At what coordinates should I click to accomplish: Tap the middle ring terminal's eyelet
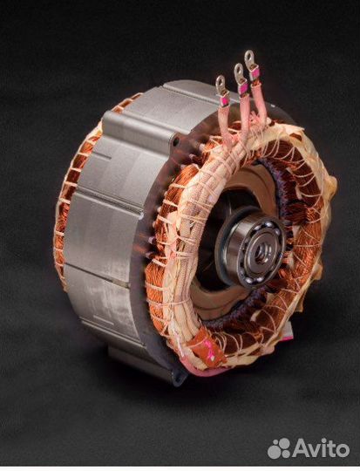(x=239, y=71)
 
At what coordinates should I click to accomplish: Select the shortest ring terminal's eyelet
(x=221, y=82)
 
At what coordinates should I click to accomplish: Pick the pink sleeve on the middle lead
(x=243, y=89)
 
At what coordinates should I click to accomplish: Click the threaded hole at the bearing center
(x=259, y=252)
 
